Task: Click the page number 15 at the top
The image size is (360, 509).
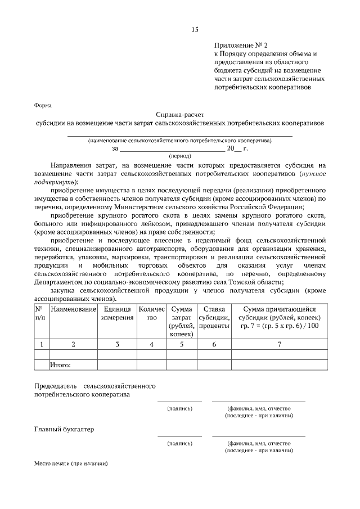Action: click(194, 29)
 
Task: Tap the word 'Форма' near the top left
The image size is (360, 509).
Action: click(43, 105)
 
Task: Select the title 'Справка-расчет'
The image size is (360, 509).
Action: click(180, 113)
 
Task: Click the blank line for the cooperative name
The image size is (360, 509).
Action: click(180, 135)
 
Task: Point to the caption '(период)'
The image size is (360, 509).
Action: click(180, 155)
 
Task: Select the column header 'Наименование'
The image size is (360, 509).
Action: click(73, 309)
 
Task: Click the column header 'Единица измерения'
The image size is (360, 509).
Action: click(117, 313)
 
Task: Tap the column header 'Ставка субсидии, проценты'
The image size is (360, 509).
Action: click(214, 317)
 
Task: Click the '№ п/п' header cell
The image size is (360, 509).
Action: click(39, 313)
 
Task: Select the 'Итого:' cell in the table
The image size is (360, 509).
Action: click(61, 366)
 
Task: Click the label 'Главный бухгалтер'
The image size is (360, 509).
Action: click(62, 430)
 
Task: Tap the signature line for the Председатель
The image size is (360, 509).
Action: click(179, 400)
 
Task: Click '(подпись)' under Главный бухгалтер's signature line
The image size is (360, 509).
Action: click(179, 444)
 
